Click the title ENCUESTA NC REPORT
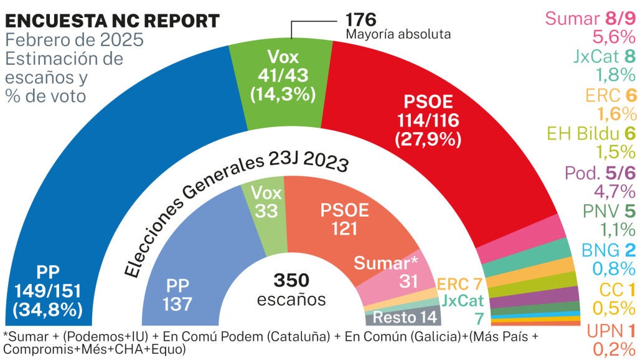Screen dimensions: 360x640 (112, 21)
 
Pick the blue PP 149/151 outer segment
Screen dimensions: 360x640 (93, 187)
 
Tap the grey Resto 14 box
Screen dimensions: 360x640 (405, 316)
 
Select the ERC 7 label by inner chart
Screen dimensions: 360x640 (461, 285)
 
